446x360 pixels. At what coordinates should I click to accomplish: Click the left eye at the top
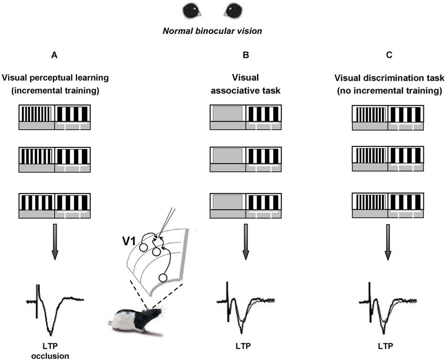[x=191, y=11]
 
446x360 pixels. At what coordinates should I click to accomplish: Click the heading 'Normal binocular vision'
[x=212, y=31]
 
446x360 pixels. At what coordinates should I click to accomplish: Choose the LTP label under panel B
[x=246, y=346]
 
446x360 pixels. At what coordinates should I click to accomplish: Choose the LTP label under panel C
[x=387, y=346]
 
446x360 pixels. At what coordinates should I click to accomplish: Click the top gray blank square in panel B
[x=228, y=113]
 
